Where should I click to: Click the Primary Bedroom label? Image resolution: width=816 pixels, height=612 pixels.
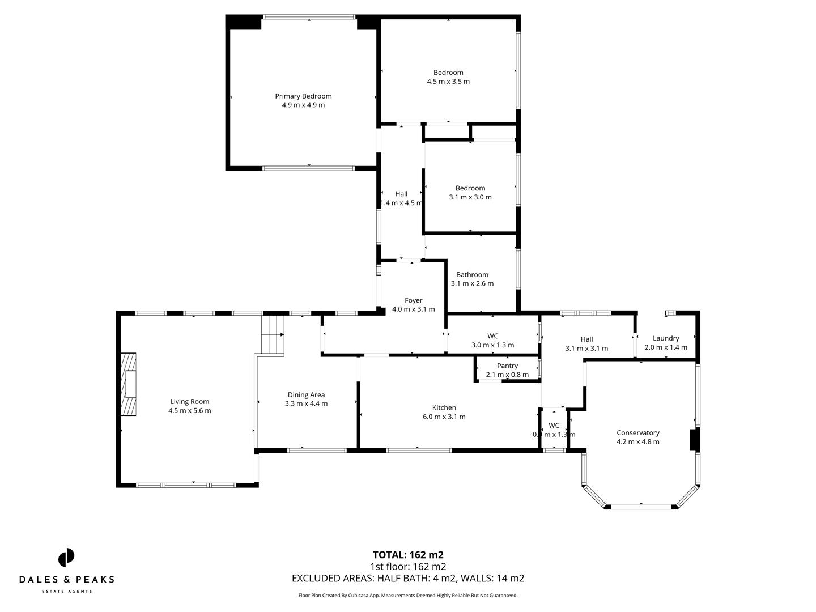(303, 96)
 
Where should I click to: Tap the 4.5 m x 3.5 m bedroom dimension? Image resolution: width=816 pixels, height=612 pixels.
(448, 82)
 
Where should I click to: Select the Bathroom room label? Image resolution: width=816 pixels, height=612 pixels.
(472, 274)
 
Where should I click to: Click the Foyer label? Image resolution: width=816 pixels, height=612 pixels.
(413, 300)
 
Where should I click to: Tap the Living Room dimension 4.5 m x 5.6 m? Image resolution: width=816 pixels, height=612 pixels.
(189, 411)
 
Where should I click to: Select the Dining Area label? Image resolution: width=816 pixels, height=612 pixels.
(306, 394)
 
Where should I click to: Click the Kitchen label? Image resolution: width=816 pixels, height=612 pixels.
(444, 407)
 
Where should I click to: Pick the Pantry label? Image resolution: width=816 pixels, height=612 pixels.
(507, 365)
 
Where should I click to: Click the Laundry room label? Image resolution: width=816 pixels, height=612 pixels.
(665, 338)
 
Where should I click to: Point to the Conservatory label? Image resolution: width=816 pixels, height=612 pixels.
(637, 432)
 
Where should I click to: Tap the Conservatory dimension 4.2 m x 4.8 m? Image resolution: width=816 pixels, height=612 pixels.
(637, 442)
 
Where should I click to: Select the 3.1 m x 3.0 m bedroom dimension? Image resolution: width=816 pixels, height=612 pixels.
(470, 197)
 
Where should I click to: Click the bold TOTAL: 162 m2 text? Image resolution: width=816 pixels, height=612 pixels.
(407, 555)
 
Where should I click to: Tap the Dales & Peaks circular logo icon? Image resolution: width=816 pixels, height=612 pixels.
(66, 557)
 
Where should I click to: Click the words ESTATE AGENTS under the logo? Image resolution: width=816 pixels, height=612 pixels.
(67, 592)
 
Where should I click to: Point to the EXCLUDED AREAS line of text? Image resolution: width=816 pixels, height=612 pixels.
(407, 579)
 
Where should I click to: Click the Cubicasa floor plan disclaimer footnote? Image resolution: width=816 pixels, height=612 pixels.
(407, 596)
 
